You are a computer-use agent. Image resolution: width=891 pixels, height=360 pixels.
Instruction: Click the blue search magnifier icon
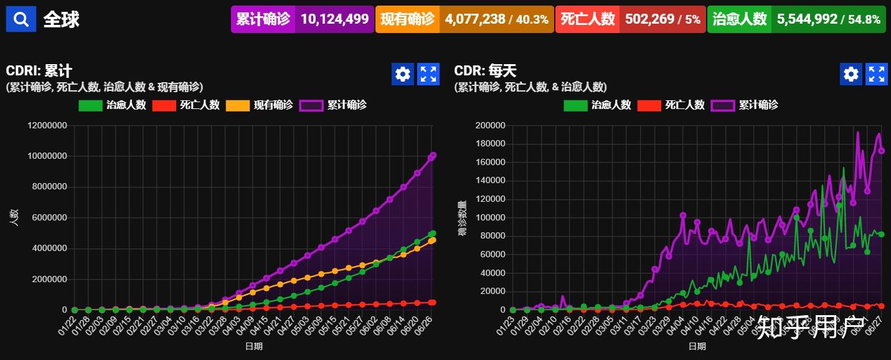click(x=21, y=19)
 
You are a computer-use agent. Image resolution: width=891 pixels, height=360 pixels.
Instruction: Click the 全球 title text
click(x=61, y=19)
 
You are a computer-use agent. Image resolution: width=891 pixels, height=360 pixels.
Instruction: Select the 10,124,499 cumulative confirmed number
click(x=334, y=19)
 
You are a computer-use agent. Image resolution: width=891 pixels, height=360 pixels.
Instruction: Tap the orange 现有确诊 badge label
click(x=407, y=19)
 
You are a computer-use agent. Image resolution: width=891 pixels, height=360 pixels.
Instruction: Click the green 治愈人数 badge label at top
click(x=739, y=19)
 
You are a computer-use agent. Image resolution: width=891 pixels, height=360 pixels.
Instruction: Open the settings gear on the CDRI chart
click(x=403, y=74)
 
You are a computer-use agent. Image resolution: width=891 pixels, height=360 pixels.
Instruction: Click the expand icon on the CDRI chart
click(x=428, y=74)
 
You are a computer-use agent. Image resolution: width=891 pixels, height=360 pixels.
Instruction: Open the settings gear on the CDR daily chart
click(x=851, y=74)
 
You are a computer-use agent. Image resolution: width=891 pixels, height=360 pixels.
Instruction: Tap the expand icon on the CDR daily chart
click(x=877, y=74)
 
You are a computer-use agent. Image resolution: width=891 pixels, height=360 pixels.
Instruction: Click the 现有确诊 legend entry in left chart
click(x=260, y=105)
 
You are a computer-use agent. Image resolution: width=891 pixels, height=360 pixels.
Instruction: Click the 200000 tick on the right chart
click(x=489, y=126)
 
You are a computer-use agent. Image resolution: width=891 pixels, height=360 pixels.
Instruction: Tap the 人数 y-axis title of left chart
click(x=14, y=217)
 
